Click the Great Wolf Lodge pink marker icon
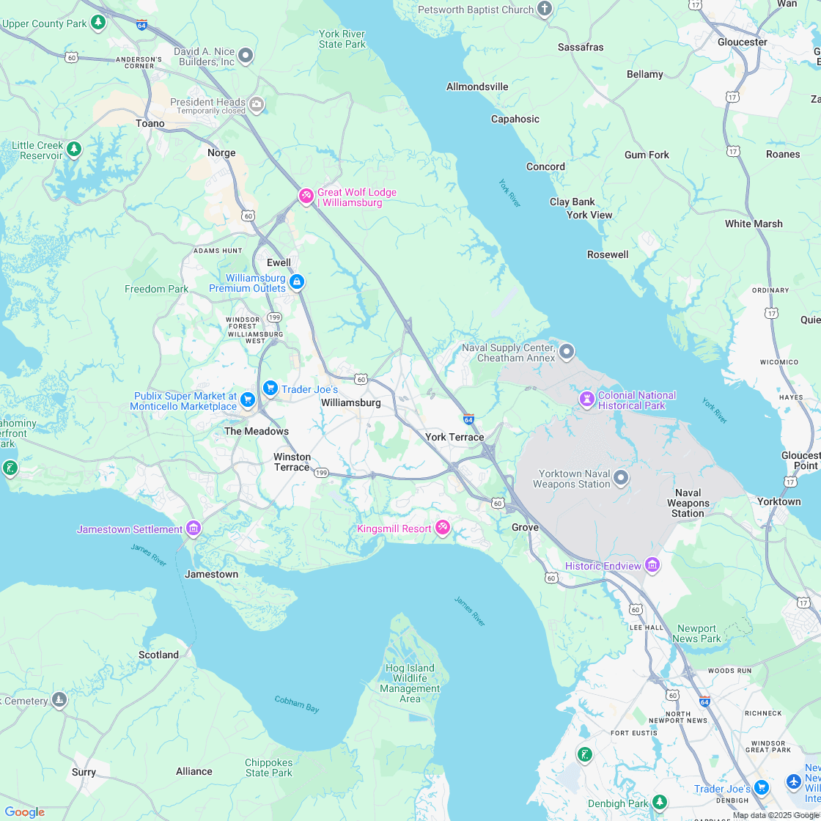point(306,196)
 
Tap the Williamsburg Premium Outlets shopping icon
point(297,281)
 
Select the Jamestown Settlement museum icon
point(194,528)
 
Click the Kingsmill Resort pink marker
point(442,527)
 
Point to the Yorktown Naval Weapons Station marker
point(621,479)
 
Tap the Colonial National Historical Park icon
point(586,399)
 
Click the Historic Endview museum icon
point(652,564)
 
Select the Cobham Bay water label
point(297,704)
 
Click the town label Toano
point(150,123)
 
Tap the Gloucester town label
point(742,42)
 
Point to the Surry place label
point(84,772)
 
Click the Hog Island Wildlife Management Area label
point(410,683)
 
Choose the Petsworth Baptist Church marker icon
point(544,9)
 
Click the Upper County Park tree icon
point(98,23)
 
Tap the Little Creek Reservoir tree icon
point(73,150)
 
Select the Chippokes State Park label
point(268,767)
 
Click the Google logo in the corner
point(24,812)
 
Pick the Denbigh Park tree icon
point(660,803)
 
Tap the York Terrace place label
point(454,437)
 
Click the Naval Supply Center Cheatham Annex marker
point(567,353)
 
